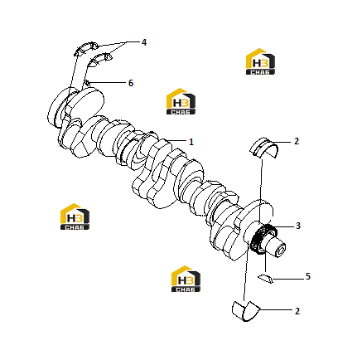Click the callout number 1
pos(191,142)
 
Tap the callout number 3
pos(298,226)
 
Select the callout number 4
pos(144,42)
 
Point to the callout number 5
pos(308,276)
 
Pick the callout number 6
pos(131,83)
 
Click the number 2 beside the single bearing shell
pos(297,141)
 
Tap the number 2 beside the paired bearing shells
pos(297,311)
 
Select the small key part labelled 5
pos(266,279)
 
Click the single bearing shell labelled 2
pos(264,148)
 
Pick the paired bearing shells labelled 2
pos(245,311)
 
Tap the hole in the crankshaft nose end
pos(282,251)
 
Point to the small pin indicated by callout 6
pos(87,82)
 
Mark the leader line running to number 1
pos(177,141)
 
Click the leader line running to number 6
pos(107,82)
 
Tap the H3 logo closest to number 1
pos(181,101)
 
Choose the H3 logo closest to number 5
pos(186,279)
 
